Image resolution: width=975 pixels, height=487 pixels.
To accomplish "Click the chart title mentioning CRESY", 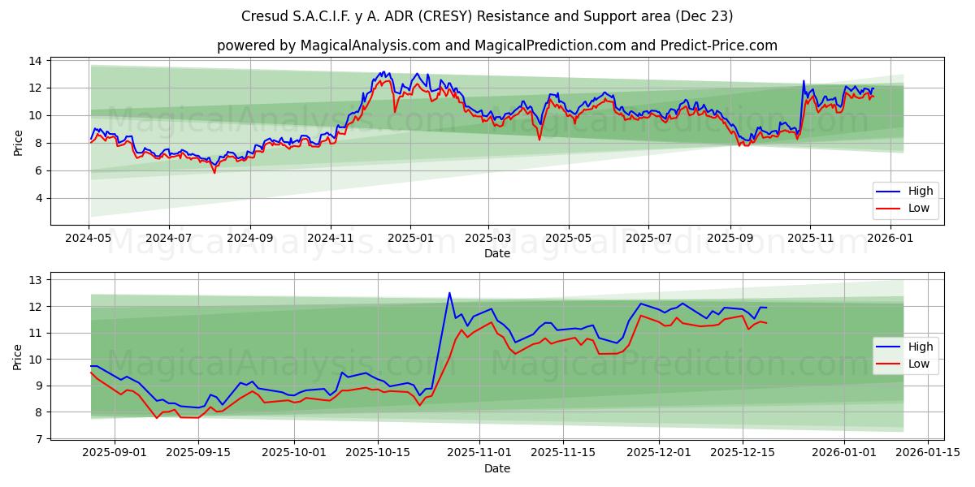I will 487,16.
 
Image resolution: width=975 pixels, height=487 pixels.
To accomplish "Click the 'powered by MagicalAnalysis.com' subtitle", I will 496,45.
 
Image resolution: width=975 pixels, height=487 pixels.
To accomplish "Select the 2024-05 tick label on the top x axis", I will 89,238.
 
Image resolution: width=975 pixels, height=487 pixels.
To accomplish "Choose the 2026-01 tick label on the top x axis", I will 890,238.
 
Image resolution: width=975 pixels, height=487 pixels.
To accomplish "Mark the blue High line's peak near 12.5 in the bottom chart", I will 449,293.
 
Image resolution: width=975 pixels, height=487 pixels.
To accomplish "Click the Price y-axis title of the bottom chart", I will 18,356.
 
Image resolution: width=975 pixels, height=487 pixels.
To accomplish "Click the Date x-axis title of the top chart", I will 496,253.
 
